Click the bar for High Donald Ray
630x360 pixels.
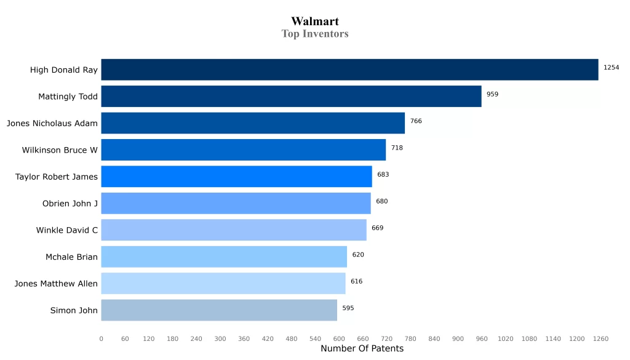349,70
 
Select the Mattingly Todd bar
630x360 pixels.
291,97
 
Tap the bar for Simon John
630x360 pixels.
219,310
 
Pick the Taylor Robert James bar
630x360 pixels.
236,177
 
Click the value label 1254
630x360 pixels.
611,68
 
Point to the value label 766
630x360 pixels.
416,121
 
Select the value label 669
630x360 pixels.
377,228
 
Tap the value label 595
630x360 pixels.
348,308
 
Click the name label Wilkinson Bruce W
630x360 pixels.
60,150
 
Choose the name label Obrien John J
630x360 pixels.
70,204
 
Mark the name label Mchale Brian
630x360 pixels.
71,257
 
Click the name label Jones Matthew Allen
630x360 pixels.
56,284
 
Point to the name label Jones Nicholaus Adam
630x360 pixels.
52,124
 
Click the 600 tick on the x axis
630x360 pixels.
339,338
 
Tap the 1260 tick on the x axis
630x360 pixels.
600,338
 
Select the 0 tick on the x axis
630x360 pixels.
102,338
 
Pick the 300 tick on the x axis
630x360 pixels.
220,338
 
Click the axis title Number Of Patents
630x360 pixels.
362,349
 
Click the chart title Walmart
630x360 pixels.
315,22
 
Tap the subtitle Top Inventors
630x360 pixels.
315,34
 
